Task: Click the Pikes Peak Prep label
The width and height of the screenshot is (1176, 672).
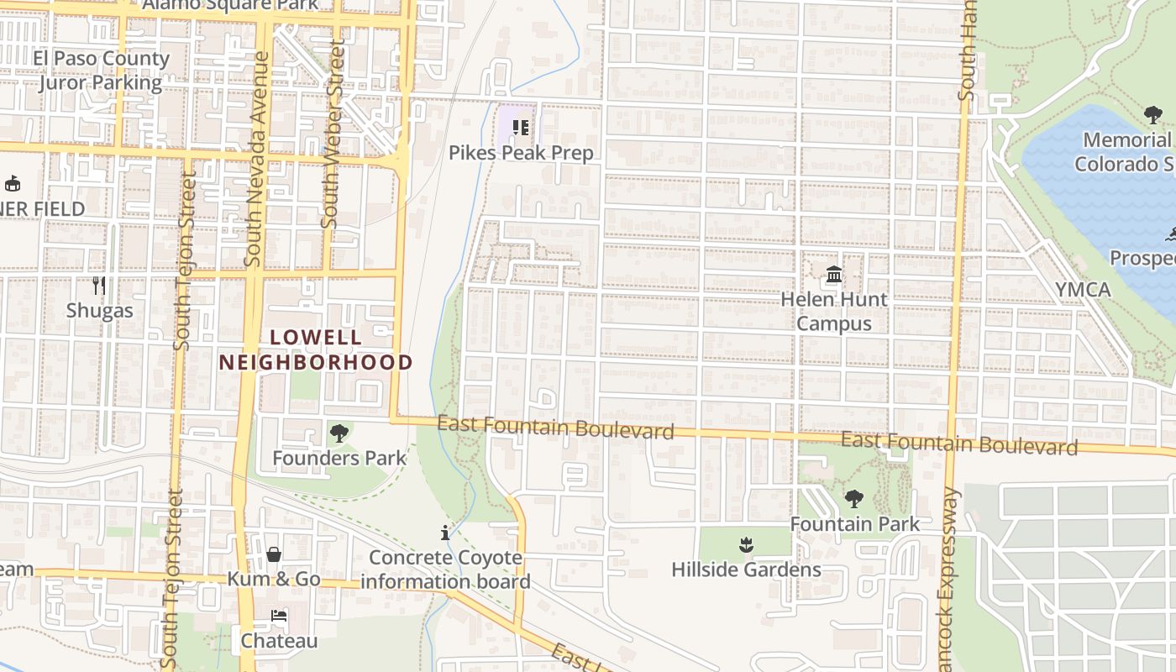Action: pyautogui.click(x=521, y=153)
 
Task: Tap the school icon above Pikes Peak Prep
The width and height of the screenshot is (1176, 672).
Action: pyautogui.click(x=521, y=128)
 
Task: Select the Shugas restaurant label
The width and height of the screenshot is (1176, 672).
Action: pyautogui.click(x=100, y=310)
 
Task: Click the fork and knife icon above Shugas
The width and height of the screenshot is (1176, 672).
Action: pyautogui.click(x=99, y=285)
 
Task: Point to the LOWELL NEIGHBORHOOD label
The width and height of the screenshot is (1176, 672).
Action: pyautogui.click(x=316, y=350)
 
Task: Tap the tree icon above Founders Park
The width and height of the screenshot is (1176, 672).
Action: pyautogui.click(x=339, y=433)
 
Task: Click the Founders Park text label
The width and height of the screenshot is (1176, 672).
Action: pyautogui.click(x=339, y=458)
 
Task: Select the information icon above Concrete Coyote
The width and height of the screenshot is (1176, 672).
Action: pyautogui.click(x=445, y=533)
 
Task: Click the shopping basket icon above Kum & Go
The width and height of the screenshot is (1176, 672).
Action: pyautogui.click(x=274, y=554)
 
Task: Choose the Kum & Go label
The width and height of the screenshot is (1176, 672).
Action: pyautogui.click(x=274, y=579)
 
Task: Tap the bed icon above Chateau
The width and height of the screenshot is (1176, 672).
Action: pyautogui.click(x=279, y=616)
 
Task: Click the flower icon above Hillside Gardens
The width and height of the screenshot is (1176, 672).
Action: pyautogui.click(x=746, y=545)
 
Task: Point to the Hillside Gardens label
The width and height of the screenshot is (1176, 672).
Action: pyautogui.click(x=746, y=570)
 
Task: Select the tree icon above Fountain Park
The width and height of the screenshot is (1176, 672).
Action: pyautogui.click(x=854, y=499)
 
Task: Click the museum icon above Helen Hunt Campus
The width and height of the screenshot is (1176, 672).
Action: pyautogui.click(x=834, y=274)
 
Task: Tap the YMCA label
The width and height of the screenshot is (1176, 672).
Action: pyautogui.click(x=1083, y=290)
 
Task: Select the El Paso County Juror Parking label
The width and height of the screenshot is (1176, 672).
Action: pyautogui.click(x=101, y=71)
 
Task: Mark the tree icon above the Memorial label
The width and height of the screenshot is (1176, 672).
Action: pyautogui.click(x=1153, y=115)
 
